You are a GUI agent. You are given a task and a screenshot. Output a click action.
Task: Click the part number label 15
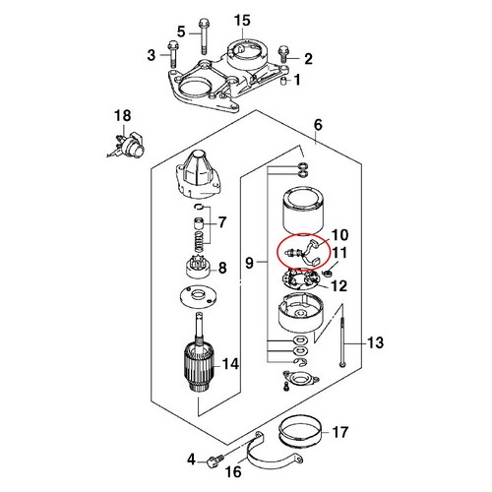(x=242, y=21)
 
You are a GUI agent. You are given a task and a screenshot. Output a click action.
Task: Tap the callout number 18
(x=121, y=116)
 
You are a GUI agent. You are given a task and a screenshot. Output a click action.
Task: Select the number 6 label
(x=318, y=124)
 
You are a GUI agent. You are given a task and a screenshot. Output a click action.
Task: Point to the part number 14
(x=230, y=364)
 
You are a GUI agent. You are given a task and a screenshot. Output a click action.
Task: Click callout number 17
(x=340, y=431)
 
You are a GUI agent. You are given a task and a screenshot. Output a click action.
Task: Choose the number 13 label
(x=374, y=342)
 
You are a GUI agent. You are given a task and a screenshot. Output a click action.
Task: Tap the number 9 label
(x=249, y=263)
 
